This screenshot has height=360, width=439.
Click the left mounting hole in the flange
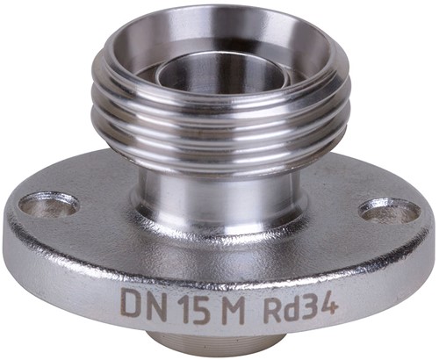coord(49,205)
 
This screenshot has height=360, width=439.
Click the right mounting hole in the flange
coord(389,210)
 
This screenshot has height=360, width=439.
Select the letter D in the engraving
coord(131,306)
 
